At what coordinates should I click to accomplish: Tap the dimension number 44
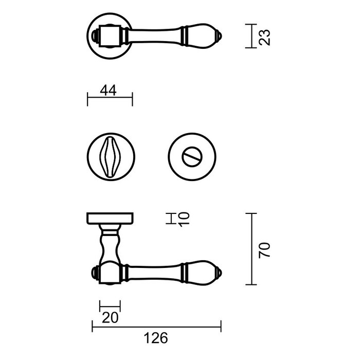point(109,91)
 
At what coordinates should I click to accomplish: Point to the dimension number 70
point(265,249)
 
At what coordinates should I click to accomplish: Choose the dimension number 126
point(156,338)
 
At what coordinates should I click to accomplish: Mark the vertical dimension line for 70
point(251,249)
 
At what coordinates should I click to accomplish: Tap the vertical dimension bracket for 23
point(250,36)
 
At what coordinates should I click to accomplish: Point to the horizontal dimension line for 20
point(110,306)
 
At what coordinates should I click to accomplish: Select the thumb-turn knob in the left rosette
point(110,157)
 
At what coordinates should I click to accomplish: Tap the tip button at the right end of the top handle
point(220,36)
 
